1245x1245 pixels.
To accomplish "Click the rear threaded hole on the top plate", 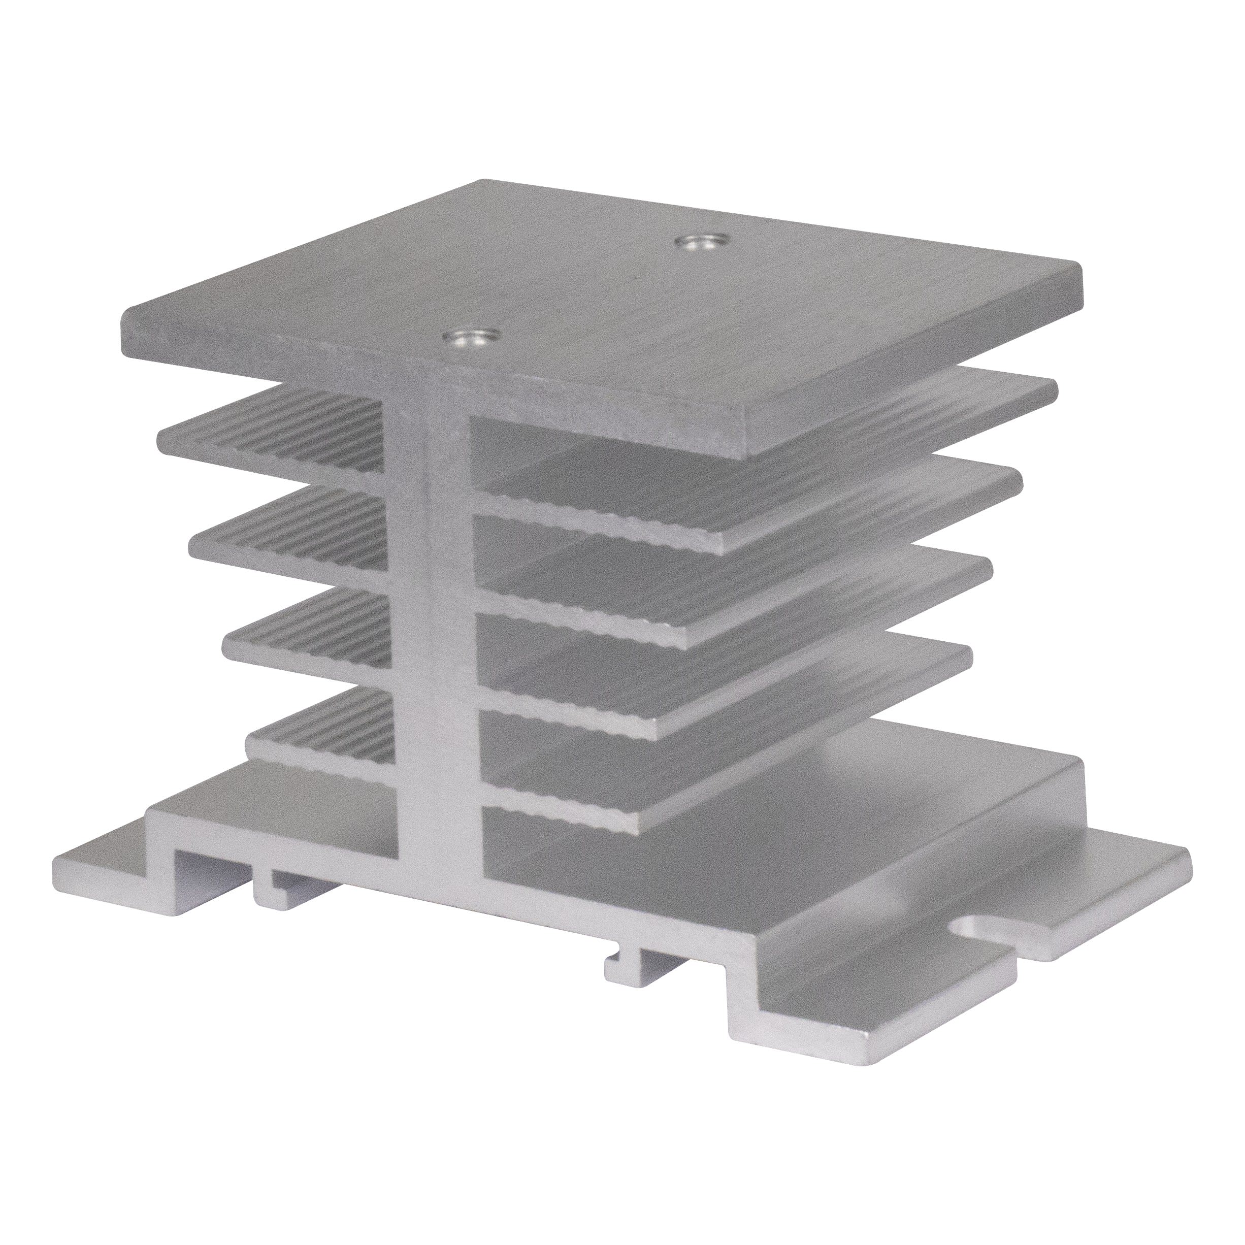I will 701,244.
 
